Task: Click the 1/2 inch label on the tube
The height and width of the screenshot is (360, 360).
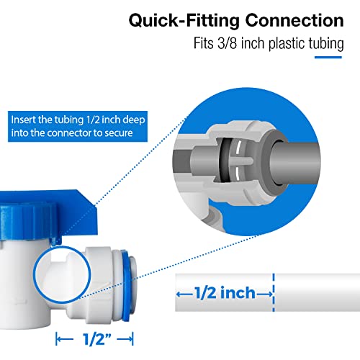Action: pyautogui.click(x=225, y=292)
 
